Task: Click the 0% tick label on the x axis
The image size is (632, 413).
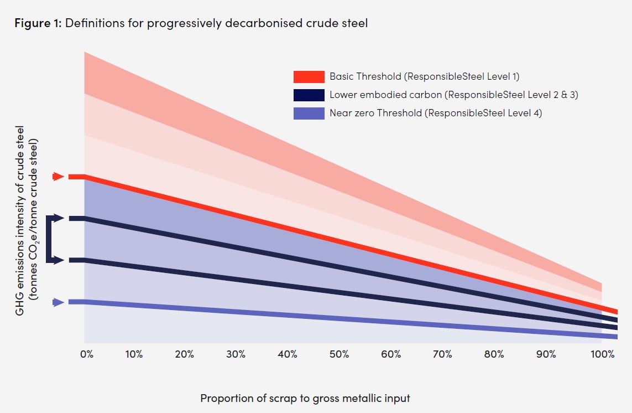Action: click(87, 354)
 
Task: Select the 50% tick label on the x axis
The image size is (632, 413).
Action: click(339, 354)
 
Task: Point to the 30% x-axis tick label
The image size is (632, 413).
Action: click(236, 354)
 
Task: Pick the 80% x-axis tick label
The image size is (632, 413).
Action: click(494, 354)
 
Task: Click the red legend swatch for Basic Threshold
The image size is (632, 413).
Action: click(309, 77)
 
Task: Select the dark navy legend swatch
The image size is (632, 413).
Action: click(309, 95)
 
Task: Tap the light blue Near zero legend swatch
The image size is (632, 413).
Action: click(309, 113)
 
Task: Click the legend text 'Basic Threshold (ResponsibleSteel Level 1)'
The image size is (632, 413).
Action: click(424, 77)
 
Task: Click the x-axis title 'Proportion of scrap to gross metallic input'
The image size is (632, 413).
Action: click(305, 398)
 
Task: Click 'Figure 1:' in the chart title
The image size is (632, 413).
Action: click(39, 24)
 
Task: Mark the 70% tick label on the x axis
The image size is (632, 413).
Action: click(442, 354)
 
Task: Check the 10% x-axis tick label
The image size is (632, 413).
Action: click(134, 354)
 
